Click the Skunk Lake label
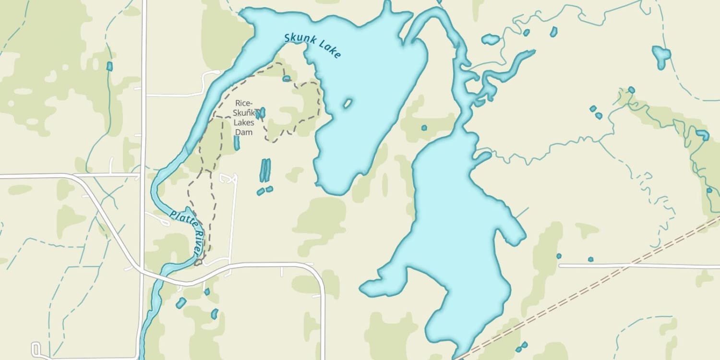point(312,46)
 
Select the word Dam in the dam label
point(243,132)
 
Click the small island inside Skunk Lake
point(348,103)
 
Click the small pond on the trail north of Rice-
point(287,78)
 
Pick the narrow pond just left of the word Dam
point(236,143)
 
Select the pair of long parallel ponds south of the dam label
point(265,170)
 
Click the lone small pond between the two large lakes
point(424,128)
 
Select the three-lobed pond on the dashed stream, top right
point(661,56)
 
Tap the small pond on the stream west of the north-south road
point(109,66)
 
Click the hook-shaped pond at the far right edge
point(703,135)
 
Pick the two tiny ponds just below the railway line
point(521,346)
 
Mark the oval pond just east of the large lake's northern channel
point(491,39)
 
